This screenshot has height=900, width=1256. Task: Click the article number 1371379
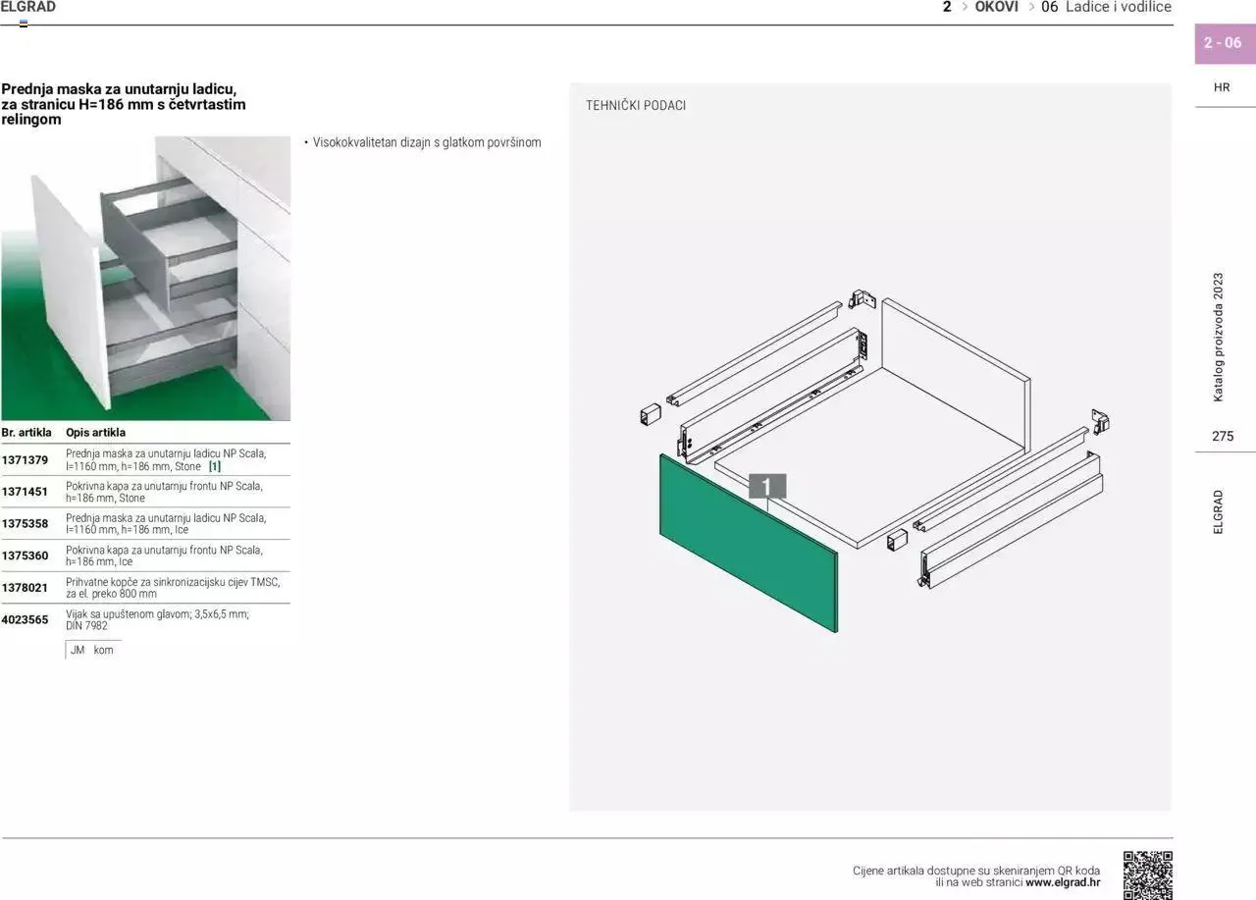coord(25,459)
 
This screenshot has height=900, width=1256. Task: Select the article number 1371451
coord(25,492)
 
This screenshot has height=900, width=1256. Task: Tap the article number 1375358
coord(25,524)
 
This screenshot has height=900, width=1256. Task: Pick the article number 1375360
coord(25,556)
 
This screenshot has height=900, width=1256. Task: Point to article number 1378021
coord(25,587)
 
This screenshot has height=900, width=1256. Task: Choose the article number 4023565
coord(25,619)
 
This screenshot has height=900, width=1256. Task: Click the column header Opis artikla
coord(95,432)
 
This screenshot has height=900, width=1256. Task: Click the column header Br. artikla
coord(26,432)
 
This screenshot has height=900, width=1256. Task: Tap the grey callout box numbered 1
coord(767,486)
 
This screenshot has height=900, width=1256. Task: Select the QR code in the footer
coord(1147,874)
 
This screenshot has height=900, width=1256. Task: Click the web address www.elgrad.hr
coord(1063,882)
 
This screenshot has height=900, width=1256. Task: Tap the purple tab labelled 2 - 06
coord(1223,43)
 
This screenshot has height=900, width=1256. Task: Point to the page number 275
coord(1223,437)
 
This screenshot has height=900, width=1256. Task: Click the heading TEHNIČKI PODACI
coord(636,105)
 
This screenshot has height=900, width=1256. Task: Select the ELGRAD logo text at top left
coord(28,7)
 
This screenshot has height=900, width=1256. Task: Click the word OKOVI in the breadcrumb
coord(996,7)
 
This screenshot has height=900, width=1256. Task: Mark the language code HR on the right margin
coord(1222,87)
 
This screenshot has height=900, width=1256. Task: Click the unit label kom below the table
coord(103,650)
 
